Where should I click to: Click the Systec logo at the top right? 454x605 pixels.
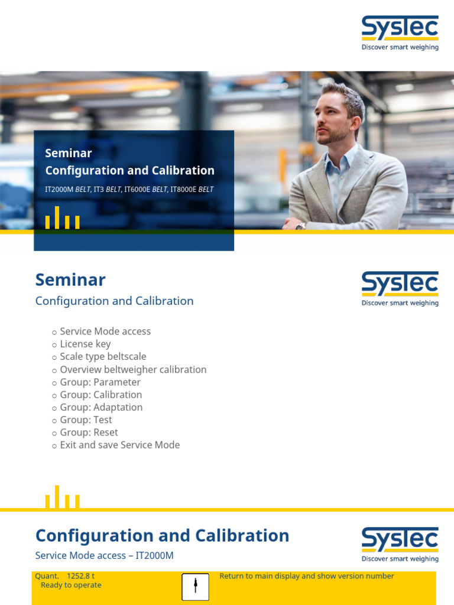pos(400,33)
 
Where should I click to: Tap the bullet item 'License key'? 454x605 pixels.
pos(85,344)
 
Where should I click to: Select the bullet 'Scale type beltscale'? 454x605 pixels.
pos(103,357)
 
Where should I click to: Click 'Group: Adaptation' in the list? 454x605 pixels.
pos(101,407)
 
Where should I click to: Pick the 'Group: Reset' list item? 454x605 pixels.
pos(89,432)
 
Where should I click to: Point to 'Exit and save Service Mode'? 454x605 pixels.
pos(119,445)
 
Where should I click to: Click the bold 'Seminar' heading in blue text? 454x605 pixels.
pos(70,279)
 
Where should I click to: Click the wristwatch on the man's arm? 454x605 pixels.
pos(300,225)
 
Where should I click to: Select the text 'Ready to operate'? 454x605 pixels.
pos(71,585)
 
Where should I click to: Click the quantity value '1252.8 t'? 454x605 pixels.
pos(81,576)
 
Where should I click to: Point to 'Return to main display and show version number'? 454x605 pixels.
pos(306,576)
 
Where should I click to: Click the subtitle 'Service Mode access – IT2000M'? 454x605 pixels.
pos(104,555)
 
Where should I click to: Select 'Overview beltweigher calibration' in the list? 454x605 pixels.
pos(133,370)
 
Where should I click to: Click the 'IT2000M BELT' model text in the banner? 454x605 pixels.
pos(68,190)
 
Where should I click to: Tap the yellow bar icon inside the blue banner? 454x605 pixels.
pos(62,218)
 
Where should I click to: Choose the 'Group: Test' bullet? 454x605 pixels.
pos(86,420)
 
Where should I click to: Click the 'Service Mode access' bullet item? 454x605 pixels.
pos(105,331)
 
